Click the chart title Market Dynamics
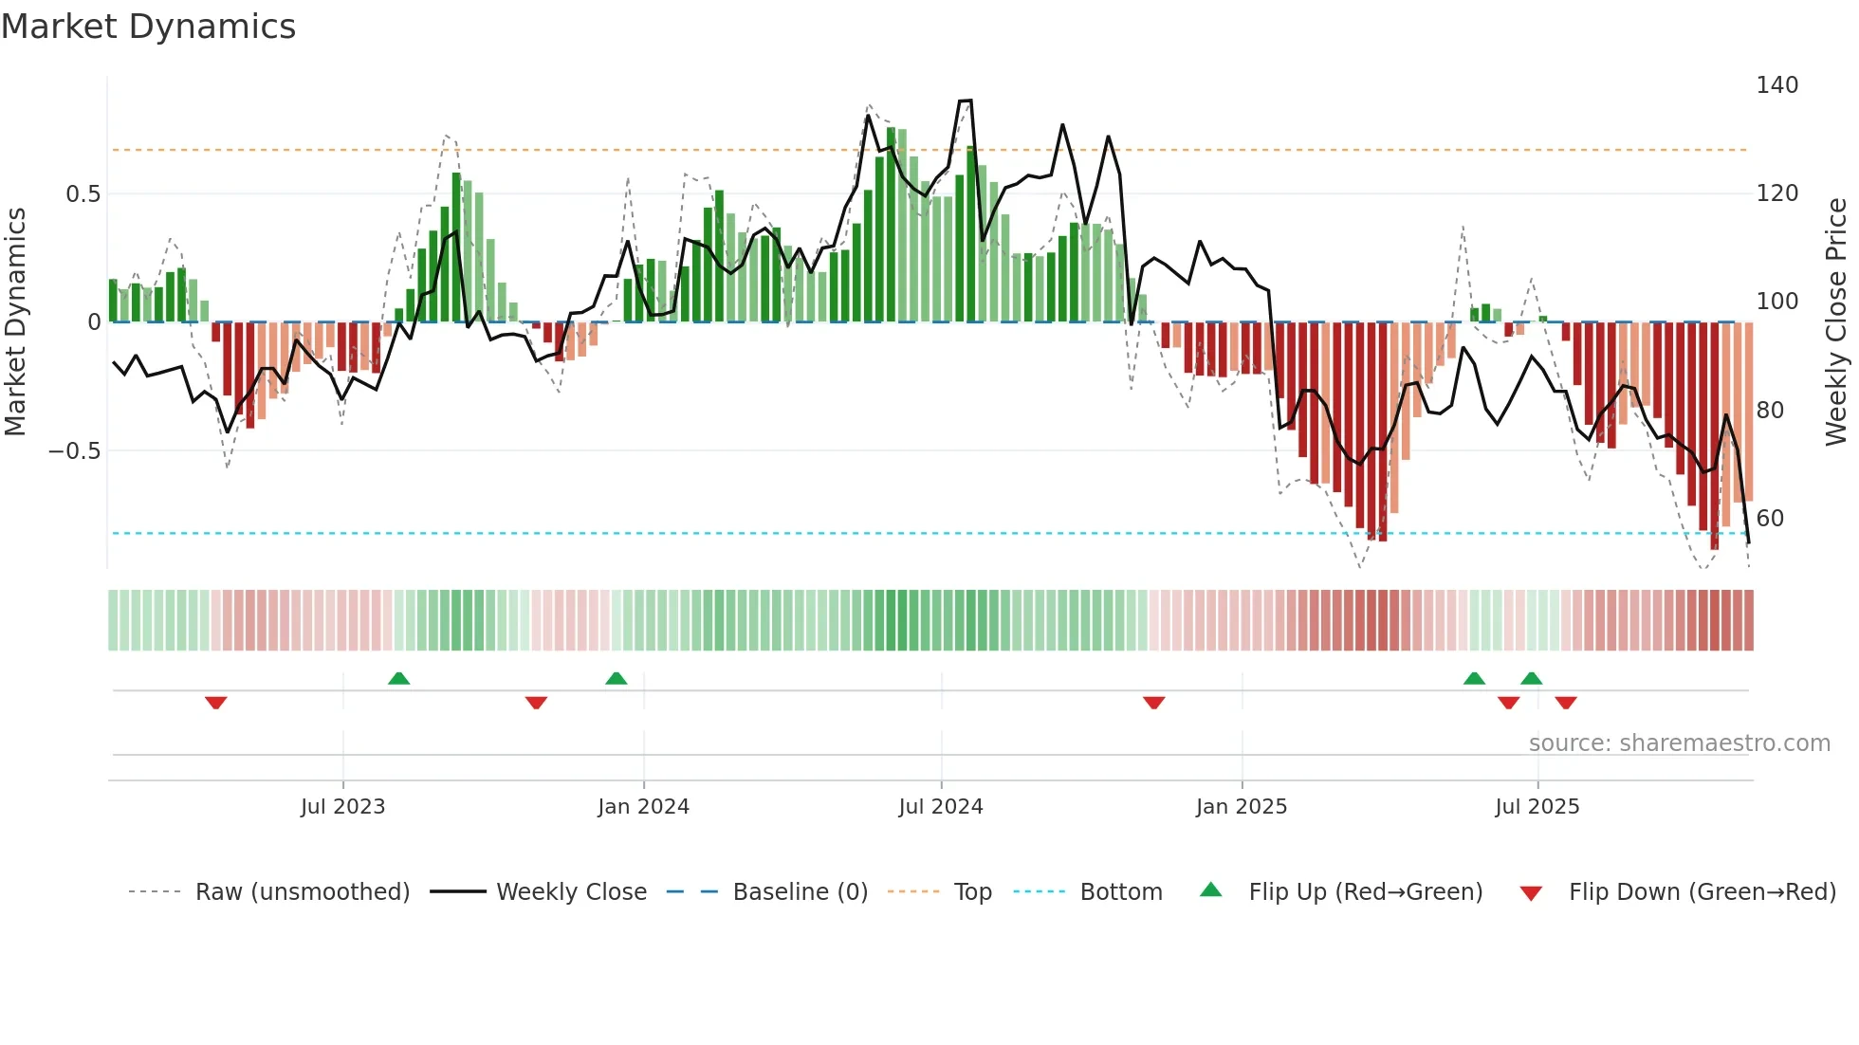[x=148, y=26]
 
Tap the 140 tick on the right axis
[x=1776, y=85]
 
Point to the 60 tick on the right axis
[x=1770, y=519]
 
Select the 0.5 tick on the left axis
[x=83, y=194]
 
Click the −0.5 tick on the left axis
[x=75, y=451]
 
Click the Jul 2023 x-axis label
[x=342, y=807]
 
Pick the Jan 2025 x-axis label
[x=1241, y=807]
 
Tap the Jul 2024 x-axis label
[x=940, y=807]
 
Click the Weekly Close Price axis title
[x=1836, y=322]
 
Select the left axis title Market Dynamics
[x=15, y=322]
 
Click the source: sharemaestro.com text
[x=1679, y=743]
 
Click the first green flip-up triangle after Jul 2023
[x=398, y=679]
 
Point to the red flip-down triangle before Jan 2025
[x=1153, y=703]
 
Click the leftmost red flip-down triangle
[x=215, y=703]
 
